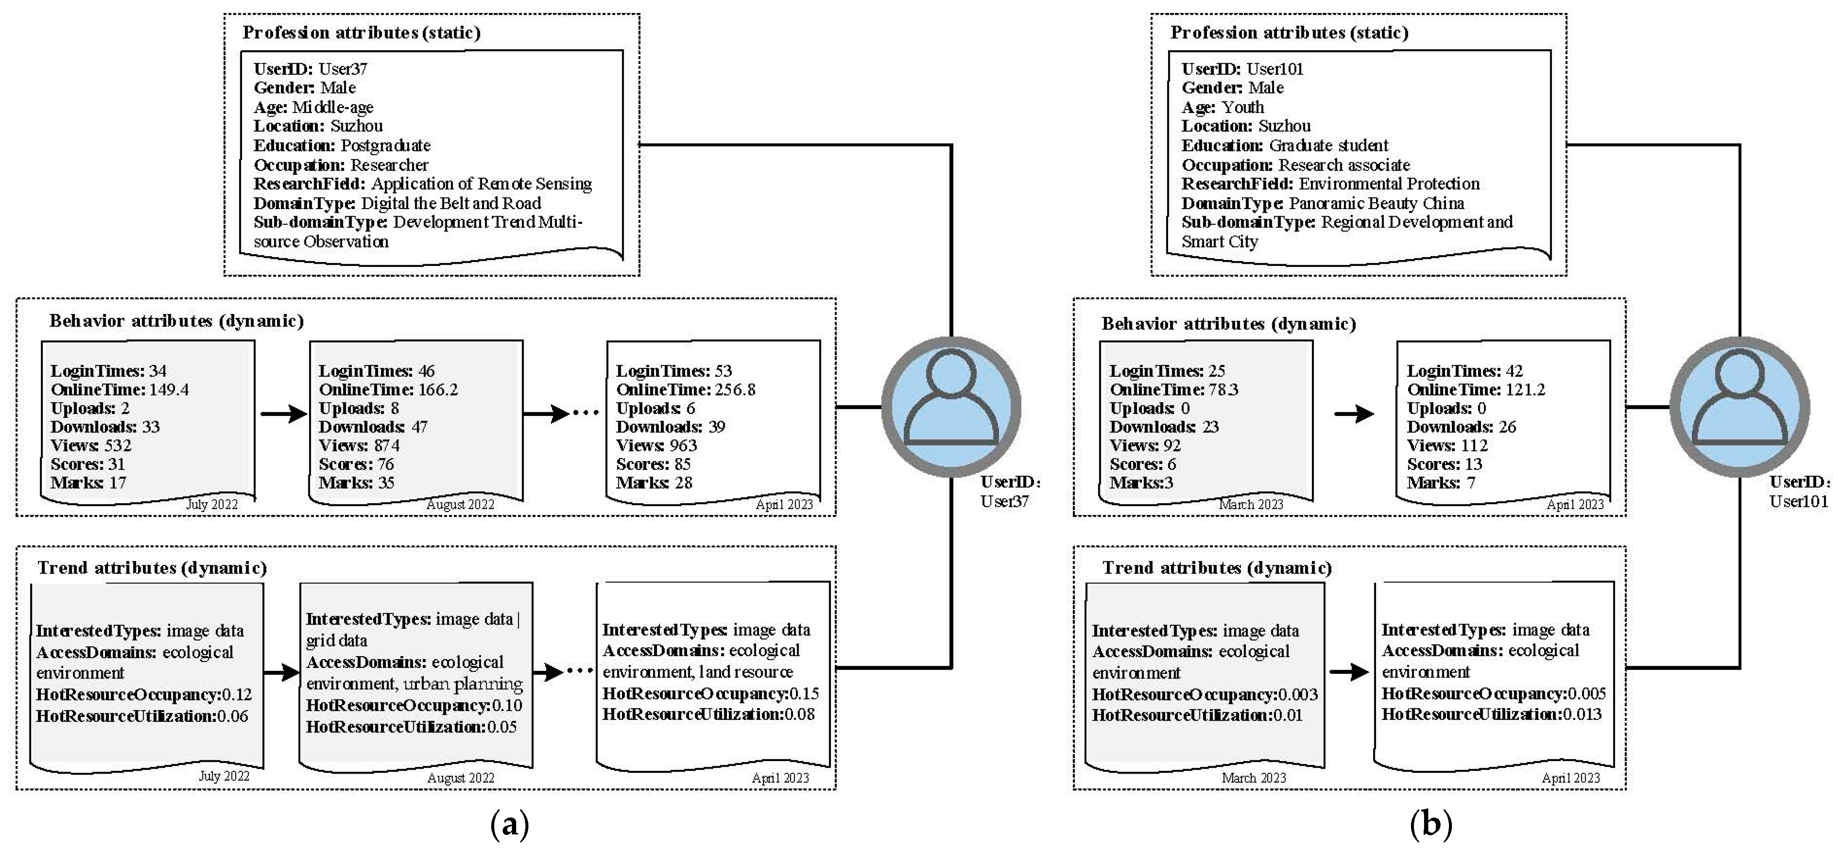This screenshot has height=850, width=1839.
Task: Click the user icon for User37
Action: (x=951, y=407)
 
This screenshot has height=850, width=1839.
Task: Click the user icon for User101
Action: (x=1739, y=407)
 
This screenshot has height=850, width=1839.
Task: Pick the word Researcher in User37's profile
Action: (x=389, y=165)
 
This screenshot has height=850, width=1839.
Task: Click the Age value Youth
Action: (x=1242, y=107)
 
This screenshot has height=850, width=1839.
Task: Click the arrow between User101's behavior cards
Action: (x=1354, y=414)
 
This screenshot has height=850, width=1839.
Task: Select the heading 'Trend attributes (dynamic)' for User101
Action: (x=1217, y=568)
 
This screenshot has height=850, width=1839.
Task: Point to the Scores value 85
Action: (x=682, y=464)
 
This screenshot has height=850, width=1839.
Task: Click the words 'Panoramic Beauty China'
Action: (x=1376, y=204)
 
